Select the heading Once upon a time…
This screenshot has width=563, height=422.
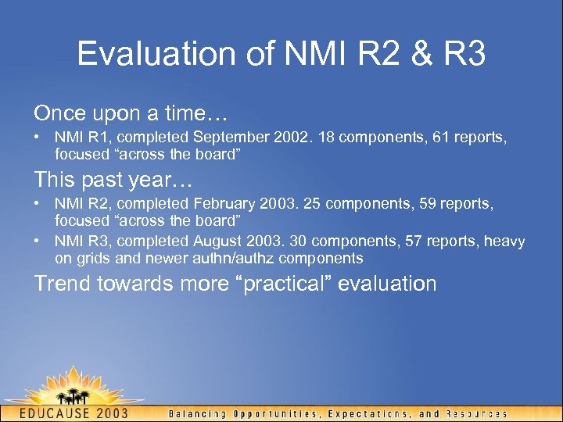[x=130, y=113]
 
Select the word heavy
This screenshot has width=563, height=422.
[x=504, y=242]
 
